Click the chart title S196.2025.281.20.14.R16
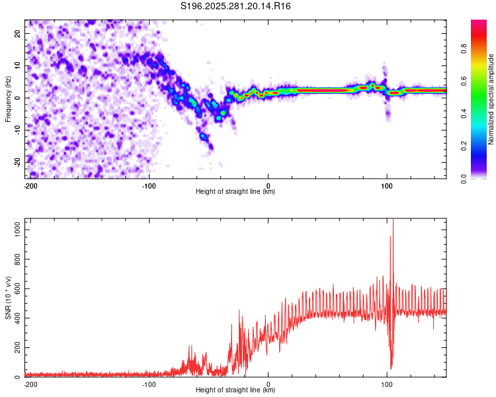pos(235,6)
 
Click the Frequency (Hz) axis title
pos(8,99)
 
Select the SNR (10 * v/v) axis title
pos(8,298)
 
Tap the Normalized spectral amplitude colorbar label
pos(491,99)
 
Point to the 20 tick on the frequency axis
pos(18,33)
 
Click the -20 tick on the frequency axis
pos(18,163)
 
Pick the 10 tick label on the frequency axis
pos(18,66)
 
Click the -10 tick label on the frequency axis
pos(18,130)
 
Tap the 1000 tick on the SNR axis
pos(18,230)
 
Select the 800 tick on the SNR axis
pos(18,259)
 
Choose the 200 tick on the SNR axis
pos(18,347)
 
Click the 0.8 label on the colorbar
pos(464,48)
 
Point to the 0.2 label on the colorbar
pos(464,146)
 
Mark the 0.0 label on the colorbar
pos(464,179)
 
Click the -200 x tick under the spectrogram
pos(30,186)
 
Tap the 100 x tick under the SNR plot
pos(387,384)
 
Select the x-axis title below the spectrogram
pos(235,191)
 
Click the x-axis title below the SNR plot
pos(235,390)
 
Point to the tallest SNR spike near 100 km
pos(393,220)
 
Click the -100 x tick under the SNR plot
pos(149,384)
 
